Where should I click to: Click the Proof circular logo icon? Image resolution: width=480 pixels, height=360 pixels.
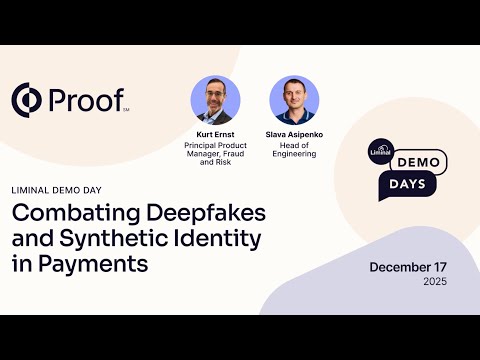(28, 100)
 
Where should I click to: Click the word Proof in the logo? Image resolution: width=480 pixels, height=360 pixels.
(86, 100)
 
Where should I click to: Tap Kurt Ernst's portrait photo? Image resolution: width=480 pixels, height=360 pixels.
(215, 100)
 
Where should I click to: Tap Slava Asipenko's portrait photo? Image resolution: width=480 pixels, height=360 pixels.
(293, 100)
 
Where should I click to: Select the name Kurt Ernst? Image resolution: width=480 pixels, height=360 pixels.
(215, 133)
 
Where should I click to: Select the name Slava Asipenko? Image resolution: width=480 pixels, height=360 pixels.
(293, 133)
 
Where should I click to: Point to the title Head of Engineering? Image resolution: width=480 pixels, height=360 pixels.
(293, 149)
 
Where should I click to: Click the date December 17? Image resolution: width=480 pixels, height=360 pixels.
(408, 267)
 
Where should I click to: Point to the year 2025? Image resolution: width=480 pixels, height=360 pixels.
(433, 282)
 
